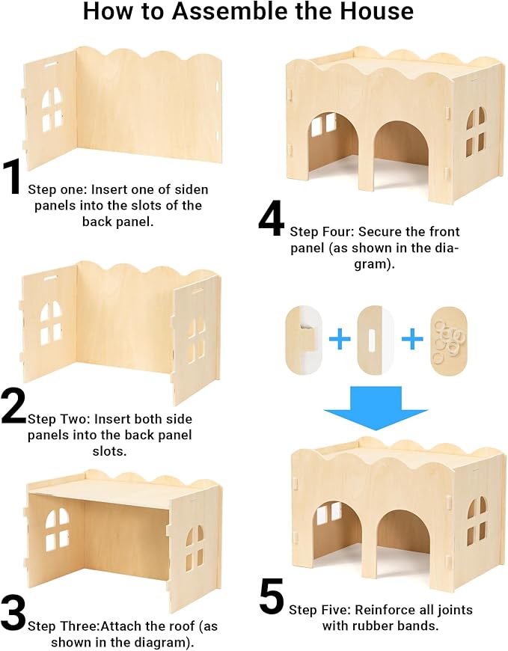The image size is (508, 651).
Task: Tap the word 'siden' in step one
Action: coord(190,189)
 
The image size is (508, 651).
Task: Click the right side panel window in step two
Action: coord(195,337)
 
